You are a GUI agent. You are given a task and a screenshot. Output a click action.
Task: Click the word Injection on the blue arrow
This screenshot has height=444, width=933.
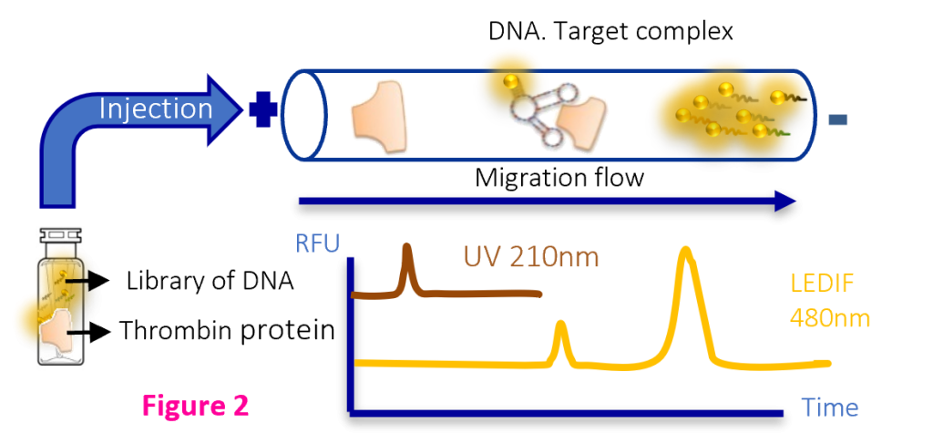tap(155, 109)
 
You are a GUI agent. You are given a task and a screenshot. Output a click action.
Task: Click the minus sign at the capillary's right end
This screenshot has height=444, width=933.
tap(838, 119)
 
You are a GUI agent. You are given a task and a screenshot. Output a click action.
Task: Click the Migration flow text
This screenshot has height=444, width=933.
tap(559, 178)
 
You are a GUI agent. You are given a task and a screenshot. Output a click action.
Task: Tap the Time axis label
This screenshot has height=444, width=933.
tap(830, 408)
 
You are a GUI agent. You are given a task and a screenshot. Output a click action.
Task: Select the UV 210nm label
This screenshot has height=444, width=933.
tap(531, 258)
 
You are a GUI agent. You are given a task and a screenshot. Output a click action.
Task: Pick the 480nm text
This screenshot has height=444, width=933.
tap(829, 319)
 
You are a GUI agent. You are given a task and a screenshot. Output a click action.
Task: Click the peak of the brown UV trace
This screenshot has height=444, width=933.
tap(407, 246)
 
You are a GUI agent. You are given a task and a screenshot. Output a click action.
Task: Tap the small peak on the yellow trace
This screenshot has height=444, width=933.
tap(559, 325)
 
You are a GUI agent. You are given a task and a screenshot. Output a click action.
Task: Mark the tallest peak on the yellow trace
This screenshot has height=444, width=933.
tap(686, 250)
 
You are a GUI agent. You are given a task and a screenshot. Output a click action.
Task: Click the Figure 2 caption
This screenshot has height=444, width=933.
tap(195, 406)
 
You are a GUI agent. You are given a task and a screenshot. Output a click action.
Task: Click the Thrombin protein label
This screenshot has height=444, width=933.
tap(227, 331)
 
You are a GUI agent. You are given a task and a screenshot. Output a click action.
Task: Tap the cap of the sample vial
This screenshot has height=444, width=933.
tap(61, 235)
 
